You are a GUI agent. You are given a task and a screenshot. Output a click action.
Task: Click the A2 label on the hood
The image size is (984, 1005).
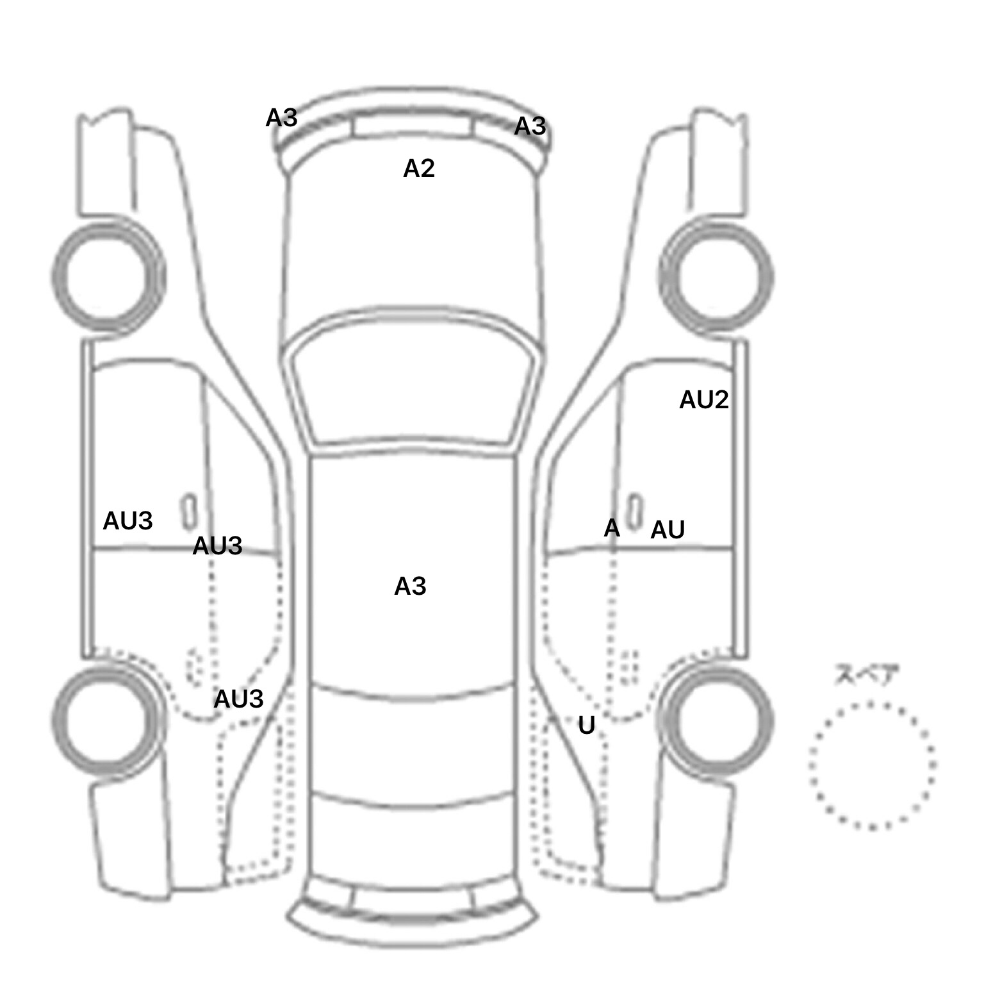click(419, 169)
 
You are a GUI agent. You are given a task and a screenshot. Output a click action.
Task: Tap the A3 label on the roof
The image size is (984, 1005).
click(410, 586)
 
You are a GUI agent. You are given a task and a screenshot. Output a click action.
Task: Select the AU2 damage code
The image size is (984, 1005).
click(704, 400)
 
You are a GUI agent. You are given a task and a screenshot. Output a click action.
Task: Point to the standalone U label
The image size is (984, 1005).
click(587, 726)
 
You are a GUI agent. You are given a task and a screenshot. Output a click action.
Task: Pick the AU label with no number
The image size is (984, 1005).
click(668, 530)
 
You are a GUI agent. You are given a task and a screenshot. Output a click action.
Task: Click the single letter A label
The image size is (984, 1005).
click(612, 529)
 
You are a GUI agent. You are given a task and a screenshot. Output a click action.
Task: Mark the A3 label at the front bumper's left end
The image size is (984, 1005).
click(281, 118)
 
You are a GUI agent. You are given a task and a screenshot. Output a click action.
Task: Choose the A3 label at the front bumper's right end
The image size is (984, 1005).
click(530, 127)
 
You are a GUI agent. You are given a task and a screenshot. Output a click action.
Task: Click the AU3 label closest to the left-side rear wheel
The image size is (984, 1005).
click(238, 699)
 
